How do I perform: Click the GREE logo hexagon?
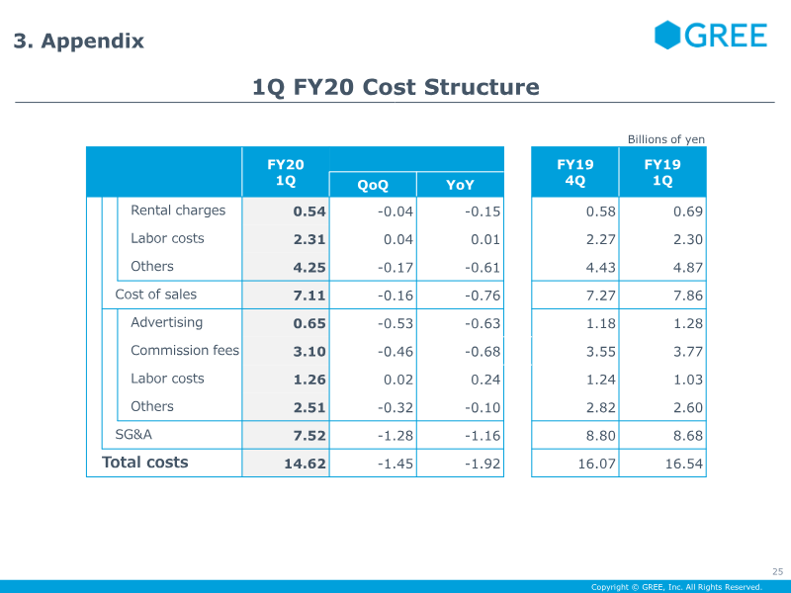point(666,36)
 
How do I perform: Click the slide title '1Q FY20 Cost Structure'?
point(395,87)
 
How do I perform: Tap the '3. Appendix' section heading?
point(79,41)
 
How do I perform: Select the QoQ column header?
point(373,185)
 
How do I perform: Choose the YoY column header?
point(460,185)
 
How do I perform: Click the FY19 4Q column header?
point(575,172)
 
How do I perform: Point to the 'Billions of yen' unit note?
point(665,139)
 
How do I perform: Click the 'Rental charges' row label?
point(178,211)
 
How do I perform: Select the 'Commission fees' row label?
point(185,350)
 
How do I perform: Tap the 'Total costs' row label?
point(144,462)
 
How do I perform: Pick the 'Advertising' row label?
point(166,322)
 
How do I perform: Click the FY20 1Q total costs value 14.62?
point(305,464)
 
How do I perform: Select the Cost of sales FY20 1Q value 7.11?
point(309,295)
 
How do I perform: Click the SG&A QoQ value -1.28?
point(395,435)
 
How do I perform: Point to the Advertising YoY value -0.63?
point(483,323)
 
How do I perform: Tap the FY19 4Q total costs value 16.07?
point(597,464)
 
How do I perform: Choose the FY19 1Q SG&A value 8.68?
point(688,435)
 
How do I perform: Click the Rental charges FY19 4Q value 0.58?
point(601,212)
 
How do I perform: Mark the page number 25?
point(777,571)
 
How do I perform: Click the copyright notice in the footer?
point(676,587)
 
